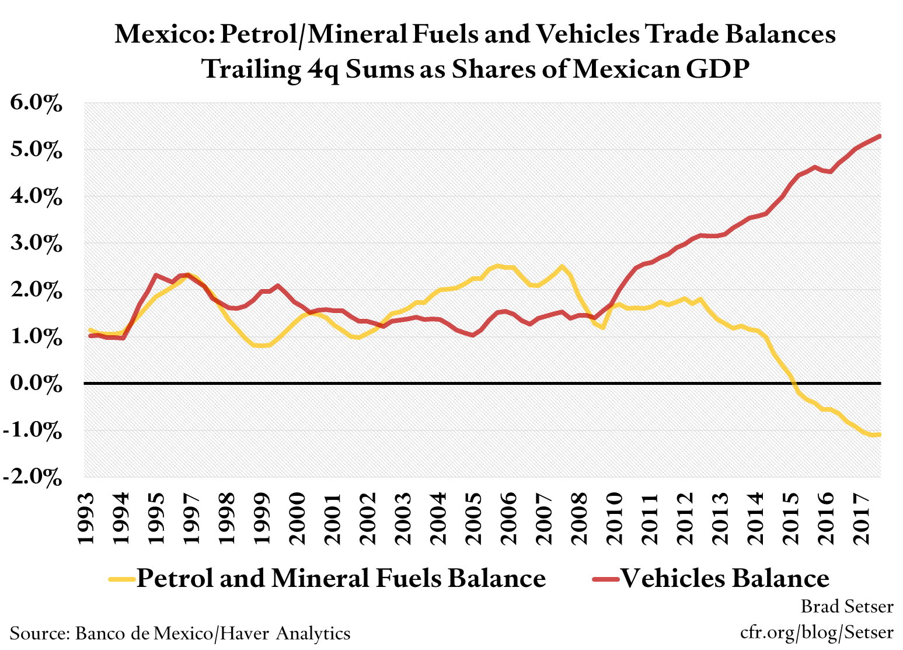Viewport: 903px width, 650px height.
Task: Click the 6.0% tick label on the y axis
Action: [x=36, y=104]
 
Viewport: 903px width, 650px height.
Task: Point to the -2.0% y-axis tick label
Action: [x=34, y=477]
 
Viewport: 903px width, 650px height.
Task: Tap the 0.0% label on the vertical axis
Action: [x=36, y=384]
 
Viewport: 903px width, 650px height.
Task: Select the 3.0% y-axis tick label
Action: [x=36, y=244]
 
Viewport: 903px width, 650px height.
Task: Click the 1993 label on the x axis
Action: [x=86, y=518]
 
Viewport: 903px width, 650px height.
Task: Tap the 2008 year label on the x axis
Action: [x=580, y=518]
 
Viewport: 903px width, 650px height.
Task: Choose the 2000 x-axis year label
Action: [x=298, y=518]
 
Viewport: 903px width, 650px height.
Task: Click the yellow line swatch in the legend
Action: [x=121, y=579]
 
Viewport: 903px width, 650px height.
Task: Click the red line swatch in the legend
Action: [x=605, y=579]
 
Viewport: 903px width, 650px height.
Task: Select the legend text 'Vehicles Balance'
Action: [x=724, y=578]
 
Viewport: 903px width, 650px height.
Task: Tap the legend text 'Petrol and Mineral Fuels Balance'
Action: [x=341, y=578]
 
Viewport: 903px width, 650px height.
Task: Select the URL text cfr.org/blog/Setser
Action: [x=816, y=632]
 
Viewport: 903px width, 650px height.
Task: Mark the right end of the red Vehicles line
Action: [x=880, y=136]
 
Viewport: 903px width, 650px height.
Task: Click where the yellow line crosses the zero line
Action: [x=794, y=384]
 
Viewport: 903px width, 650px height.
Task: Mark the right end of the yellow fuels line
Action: [x=880, y=434]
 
